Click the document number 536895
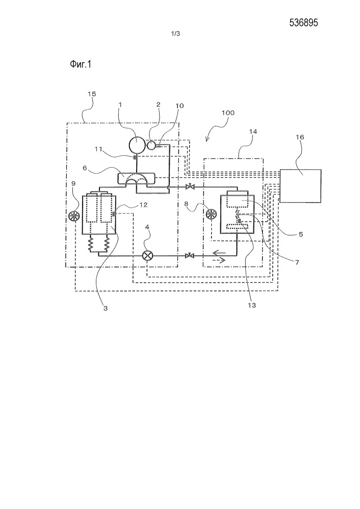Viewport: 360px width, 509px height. click(306, 22)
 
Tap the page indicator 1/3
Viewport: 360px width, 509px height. click(177, 34)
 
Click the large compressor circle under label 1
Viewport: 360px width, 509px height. click(137, 145)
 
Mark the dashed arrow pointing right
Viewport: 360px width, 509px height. click(219, 260)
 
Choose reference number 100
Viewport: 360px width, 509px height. click(228, 123)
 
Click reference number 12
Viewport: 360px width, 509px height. click(129, 206)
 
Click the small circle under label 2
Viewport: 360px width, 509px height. click(152, 146)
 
